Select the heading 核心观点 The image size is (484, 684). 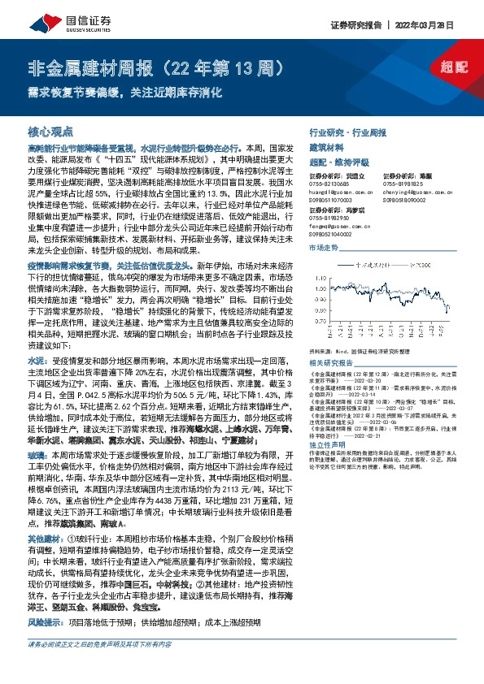pos(50,132)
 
